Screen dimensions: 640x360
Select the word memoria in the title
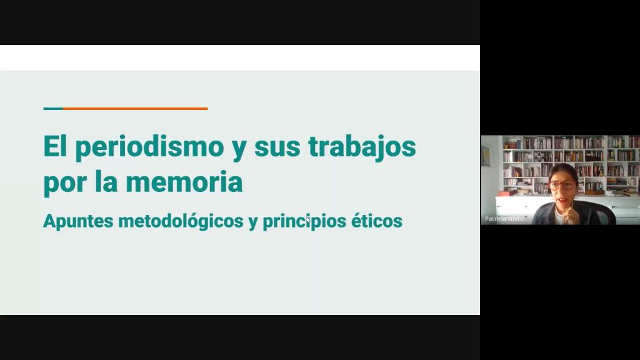pos(184,182)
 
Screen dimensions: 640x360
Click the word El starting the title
pos(55,146)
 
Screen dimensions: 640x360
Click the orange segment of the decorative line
pos(136,109)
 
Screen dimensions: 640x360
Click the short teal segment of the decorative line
pos(54,109)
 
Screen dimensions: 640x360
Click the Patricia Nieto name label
pos(504,219)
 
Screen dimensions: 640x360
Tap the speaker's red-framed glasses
pos(562,185)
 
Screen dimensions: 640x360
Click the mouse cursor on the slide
pos(308,219)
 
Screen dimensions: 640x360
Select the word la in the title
pos(106,181)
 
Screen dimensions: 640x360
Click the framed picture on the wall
pos(486,156)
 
